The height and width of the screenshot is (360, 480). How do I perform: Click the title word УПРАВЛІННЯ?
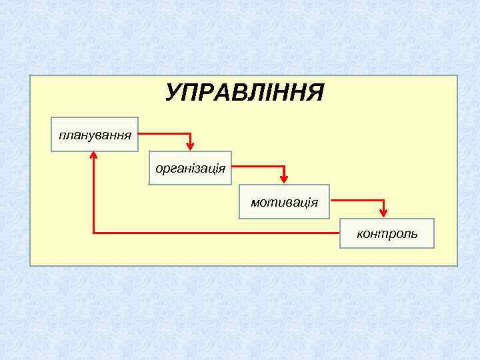tap(245, 93)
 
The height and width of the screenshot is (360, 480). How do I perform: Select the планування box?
tap(95, 134)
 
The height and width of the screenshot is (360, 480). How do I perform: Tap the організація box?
tap(190, 167)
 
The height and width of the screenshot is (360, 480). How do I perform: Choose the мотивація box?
tap(285, 201)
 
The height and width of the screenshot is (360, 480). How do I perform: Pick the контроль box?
tap(387, 233)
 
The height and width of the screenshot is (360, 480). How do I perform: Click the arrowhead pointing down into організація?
tap(190, 145)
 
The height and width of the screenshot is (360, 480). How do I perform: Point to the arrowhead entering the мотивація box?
tap(285, 178)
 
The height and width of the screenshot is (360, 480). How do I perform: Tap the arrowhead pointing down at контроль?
tap(383, 212)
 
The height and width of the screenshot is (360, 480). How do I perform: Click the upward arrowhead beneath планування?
tap(93, 157)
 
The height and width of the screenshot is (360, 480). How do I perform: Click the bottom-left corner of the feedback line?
tap(93, 233)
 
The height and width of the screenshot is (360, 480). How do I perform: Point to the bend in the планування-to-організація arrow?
tap(190, 133)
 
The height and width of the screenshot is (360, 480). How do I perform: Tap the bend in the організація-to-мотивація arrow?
tap(285, 166)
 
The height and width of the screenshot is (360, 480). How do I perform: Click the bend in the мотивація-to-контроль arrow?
tap(383, 199)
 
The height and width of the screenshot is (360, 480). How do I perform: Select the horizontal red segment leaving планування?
tap(164, 133)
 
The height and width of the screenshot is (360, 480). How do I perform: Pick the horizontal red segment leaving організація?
tap(258, 166)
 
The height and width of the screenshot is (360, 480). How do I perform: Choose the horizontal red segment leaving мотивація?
tap(357, 199)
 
